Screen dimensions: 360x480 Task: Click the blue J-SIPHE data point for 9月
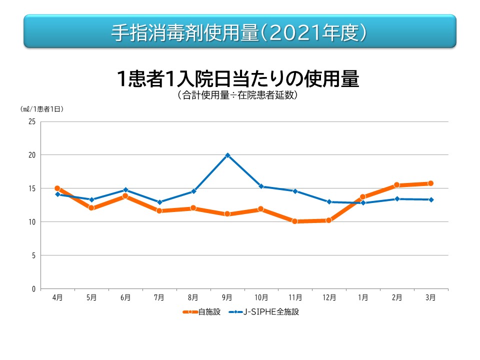227,155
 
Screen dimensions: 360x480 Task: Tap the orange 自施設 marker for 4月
57,188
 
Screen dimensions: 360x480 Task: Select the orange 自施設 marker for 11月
295,221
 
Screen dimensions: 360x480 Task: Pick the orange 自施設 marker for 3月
430,183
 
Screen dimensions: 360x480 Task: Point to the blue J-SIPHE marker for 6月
125,190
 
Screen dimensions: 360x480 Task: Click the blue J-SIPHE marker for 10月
261,186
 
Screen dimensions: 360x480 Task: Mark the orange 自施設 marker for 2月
396,185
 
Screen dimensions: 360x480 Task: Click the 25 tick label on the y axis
32,121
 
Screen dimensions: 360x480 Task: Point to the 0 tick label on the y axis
33,289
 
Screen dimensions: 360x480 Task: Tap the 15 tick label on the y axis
32,188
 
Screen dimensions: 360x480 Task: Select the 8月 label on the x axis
193,297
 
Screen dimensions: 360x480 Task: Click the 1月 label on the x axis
363,297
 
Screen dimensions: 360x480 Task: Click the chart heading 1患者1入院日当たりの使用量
237,79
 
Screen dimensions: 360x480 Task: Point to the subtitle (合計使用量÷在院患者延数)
237,95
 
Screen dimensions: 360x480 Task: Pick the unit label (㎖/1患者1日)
42,108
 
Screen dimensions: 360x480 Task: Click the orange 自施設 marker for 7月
159,210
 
